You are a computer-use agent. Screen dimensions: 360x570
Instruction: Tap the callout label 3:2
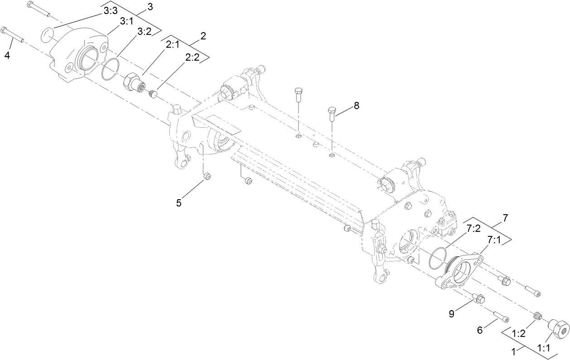144,31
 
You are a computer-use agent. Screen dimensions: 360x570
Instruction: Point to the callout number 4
7,56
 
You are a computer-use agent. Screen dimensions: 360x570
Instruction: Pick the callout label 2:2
192,58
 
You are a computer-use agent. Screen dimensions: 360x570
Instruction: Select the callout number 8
357,106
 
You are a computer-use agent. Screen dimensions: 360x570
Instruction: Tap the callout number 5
179,203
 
